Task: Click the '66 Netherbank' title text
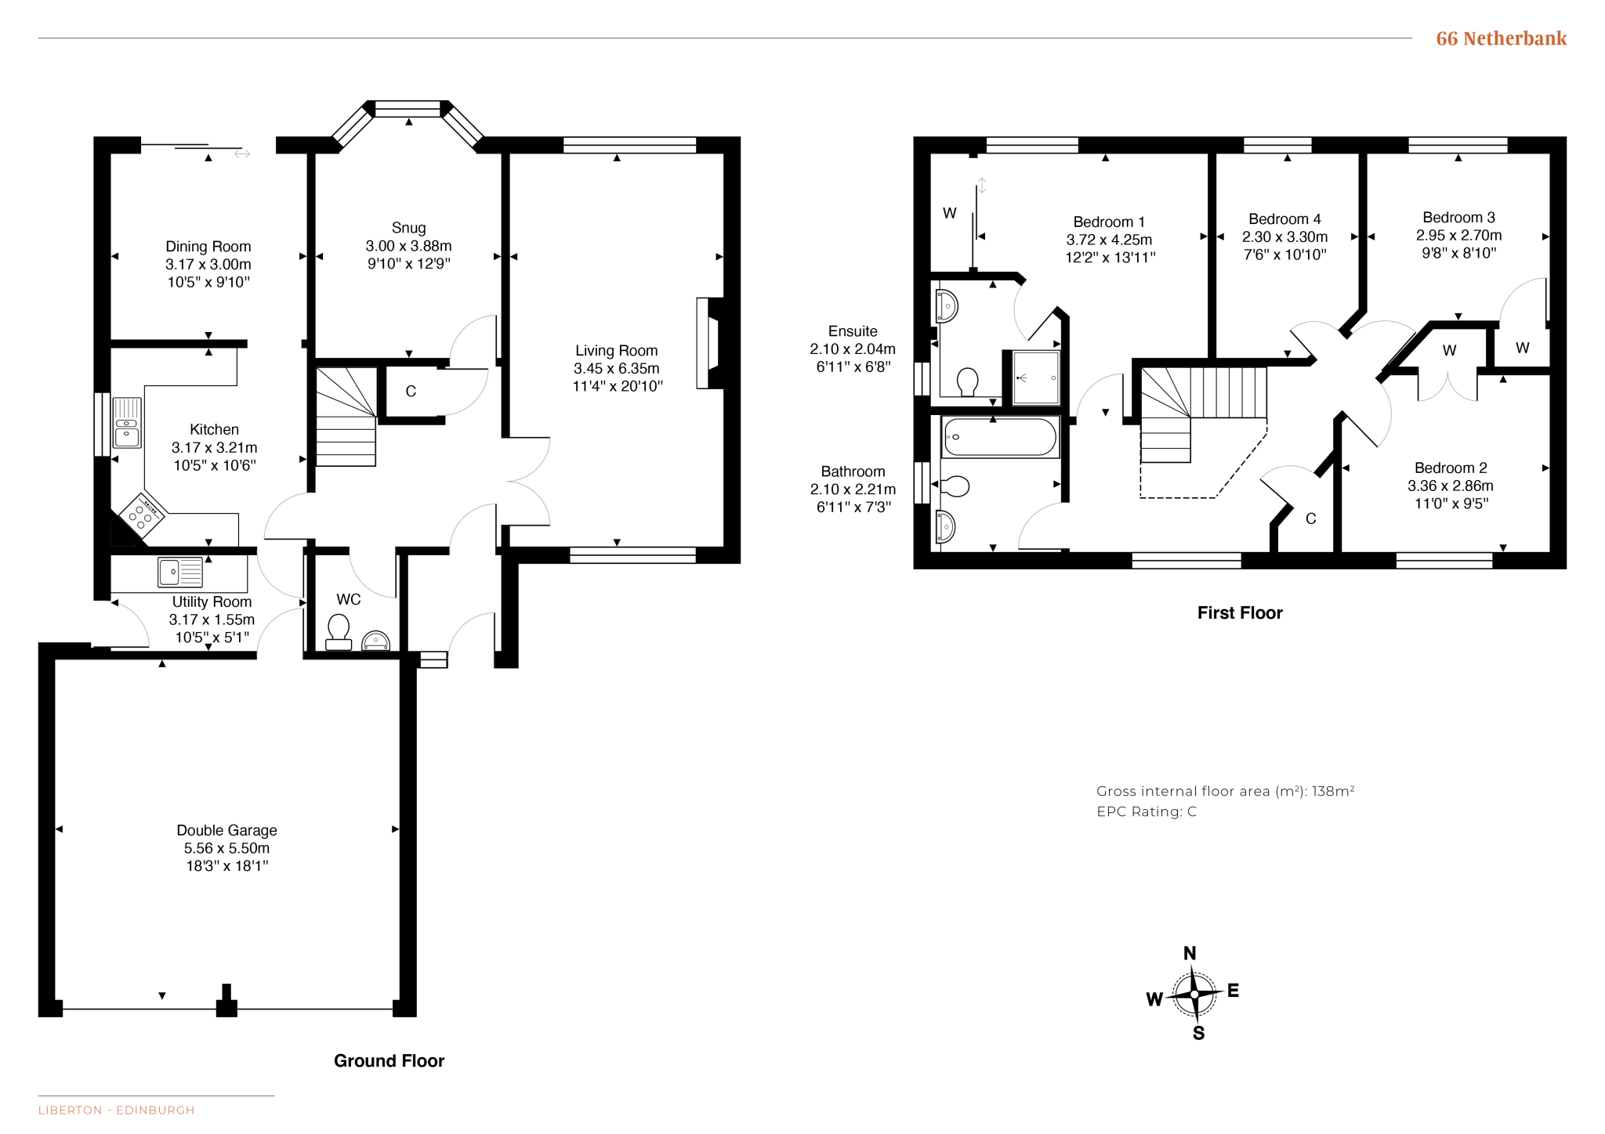(1501, 38)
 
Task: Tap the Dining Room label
(208, 247)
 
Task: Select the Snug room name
(408, 228)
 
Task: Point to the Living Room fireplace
(709, 343)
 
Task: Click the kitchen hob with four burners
(141, 514)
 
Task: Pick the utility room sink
(180, 572)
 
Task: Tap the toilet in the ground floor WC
(339, 632)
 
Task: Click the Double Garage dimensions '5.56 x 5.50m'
(226, 848)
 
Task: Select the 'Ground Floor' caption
(389, 1060)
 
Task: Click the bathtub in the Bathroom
(1000, 437)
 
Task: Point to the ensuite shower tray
(1036, 377)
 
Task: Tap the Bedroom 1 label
(1109, 222)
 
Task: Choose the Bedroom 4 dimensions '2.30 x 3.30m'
(1284, 237)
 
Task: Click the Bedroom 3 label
(1458, 217)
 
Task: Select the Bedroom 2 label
(1451, 468)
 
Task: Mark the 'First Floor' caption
(1240, 613)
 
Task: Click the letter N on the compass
(1190, 953)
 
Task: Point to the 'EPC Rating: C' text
(1147, 811)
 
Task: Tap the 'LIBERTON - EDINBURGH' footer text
(116, 1110)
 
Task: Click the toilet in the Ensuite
(968, 382)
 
